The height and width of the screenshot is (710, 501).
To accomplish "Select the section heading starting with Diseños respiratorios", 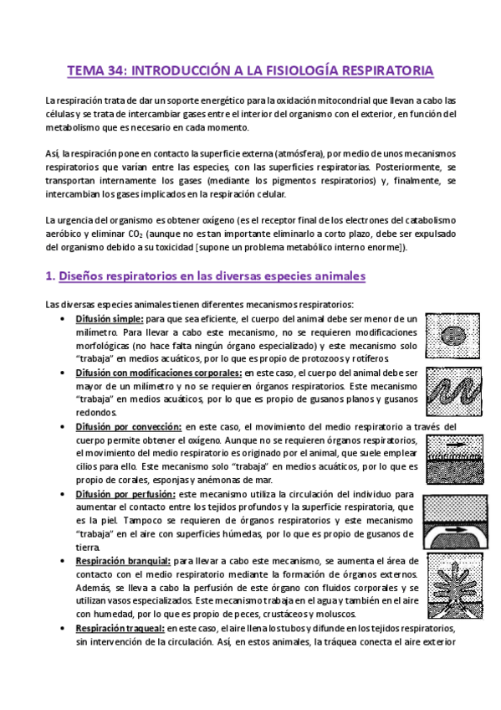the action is click(x=213, y=275).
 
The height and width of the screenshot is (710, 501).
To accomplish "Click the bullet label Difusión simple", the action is click(x=109, y=319).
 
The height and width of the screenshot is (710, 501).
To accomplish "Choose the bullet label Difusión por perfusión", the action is click(x=125, y=495).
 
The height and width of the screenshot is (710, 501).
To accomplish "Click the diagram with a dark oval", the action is click(x=452, y=332).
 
